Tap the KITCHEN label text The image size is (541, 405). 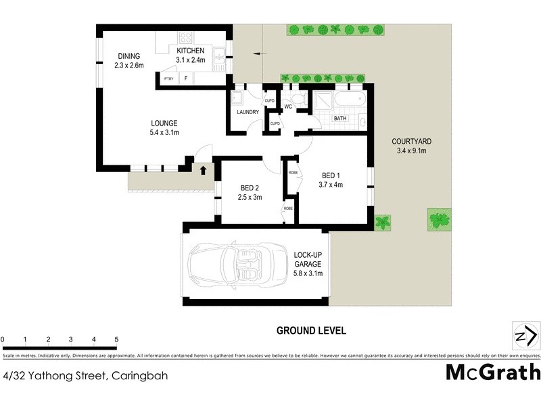pos(190,51)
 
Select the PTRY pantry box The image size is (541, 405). pos(169,79)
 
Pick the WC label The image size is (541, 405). pos(288,107)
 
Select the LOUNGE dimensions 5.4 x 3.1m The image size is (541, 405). pos(164,133)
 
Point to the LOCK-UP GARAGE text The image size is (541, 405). pos(308,259)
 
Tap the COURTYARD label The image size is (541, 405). pos(411,142)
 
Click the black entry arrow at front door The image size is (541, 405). pos(202,168)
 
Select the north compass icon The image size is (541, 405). pos(525,335)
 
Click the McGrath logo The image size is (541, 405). pos(493,372)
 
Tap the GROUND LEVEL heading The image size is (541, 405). pos(311,331)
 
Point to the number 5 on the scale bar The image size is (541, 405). pos(116,340)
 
